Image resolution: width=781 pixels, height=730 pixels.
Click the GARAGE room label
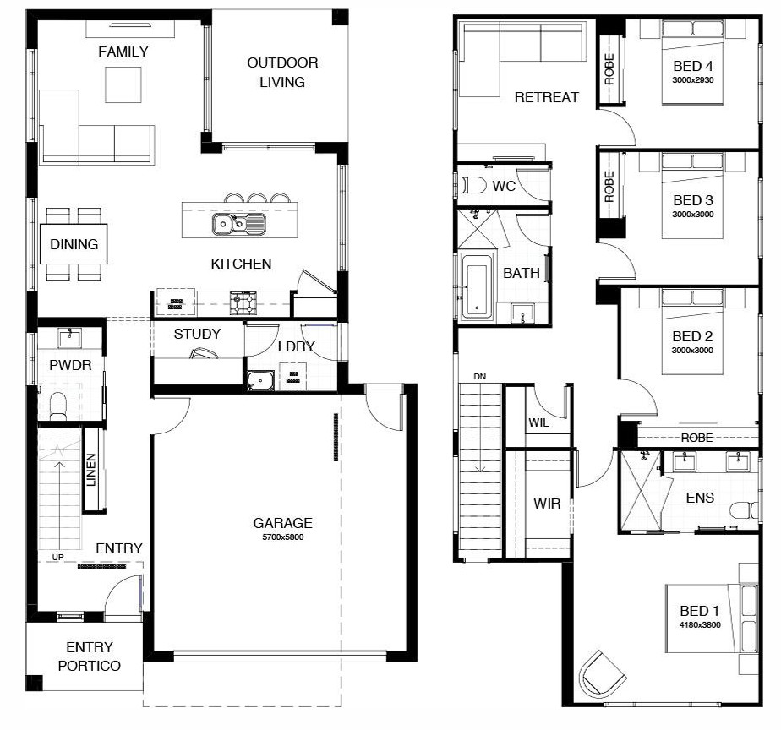coord(282,522)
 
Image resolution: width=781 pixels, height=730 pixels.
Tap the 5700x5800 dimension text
coord(283,537)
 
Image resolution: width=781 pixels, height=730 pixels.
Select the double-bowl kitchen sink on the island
coord(239,224)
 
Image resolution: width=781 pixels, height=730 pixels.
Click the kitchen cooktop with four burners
coord(243,303)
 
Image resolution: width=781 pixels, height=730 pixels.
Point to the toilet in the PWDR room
coord(58,406)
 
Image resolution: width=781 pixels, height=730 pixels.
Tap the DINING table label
coord(74,244)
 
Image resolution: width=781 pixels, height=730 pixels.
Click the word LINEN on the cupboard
coord(90,470)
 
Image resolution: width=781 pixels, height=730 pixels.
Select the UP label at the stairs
coord(57,557)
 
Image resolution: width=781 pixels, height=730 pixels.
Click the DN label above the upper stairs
coord(479,377)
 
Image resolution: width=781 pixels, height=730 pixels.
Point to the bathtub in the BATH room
coord(478,286)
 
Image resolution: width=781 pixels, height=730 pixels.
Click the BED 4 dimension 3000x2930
coord(693,79)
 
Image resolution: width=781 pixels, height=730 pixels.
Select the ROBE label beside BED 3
coord(609,186)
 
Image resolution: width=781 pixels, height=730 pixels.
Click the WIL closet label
coord(539,422)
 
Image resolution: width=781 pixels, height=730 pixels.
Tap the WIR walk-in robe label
coord(547,504)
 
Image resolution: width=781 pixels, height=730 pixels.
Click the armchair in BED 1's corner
coord(602,673)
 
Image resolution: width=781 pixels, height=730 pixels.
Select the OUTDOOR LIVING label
coord(282,72)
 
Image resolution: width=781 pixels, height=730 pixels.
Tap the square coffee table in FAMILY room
coord(123,84)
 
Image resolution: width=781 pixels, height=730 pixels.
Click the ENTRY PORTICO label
coord(89,656)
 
